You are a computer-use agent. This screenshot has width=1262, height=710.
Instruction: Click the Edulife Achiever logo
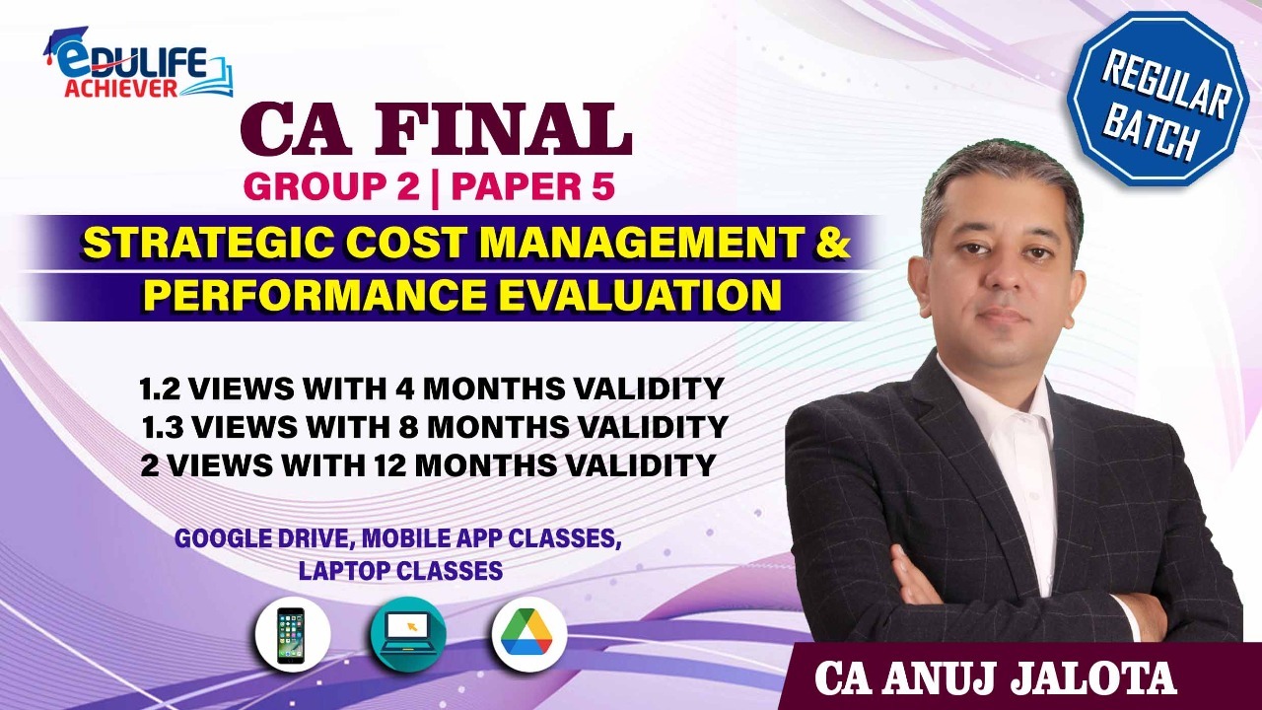[137, 63]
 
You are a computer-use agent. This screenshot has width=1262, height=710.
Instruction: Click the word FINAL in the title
[501, 129]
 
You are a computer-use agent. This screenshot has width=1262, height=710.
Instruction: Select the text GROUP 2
[332, 186]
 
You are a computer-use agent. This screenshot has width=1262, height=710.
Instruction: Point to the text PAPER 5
[532, 186]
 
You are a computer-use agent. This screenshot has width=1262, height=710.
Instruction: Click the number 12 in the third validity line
[388, 464]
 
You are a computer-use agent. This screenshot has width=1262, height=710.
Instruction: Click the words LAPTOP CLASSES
[400, 571]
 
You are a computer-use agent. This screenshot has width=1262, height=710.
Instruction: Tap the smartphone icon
[291, 635]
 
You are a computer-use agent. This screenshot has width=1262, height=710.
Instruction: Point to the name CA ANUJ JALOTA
[996, 678]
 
